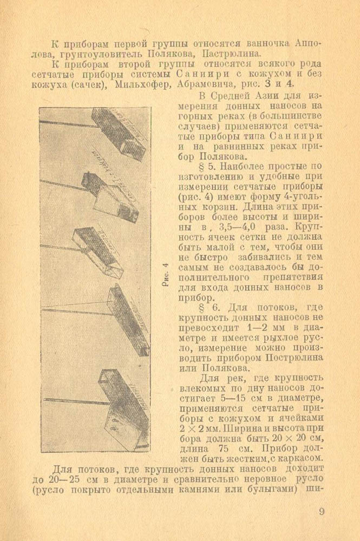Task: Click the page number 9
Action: point(322,512)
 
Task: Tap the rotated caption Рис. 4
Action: point(166,274)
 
